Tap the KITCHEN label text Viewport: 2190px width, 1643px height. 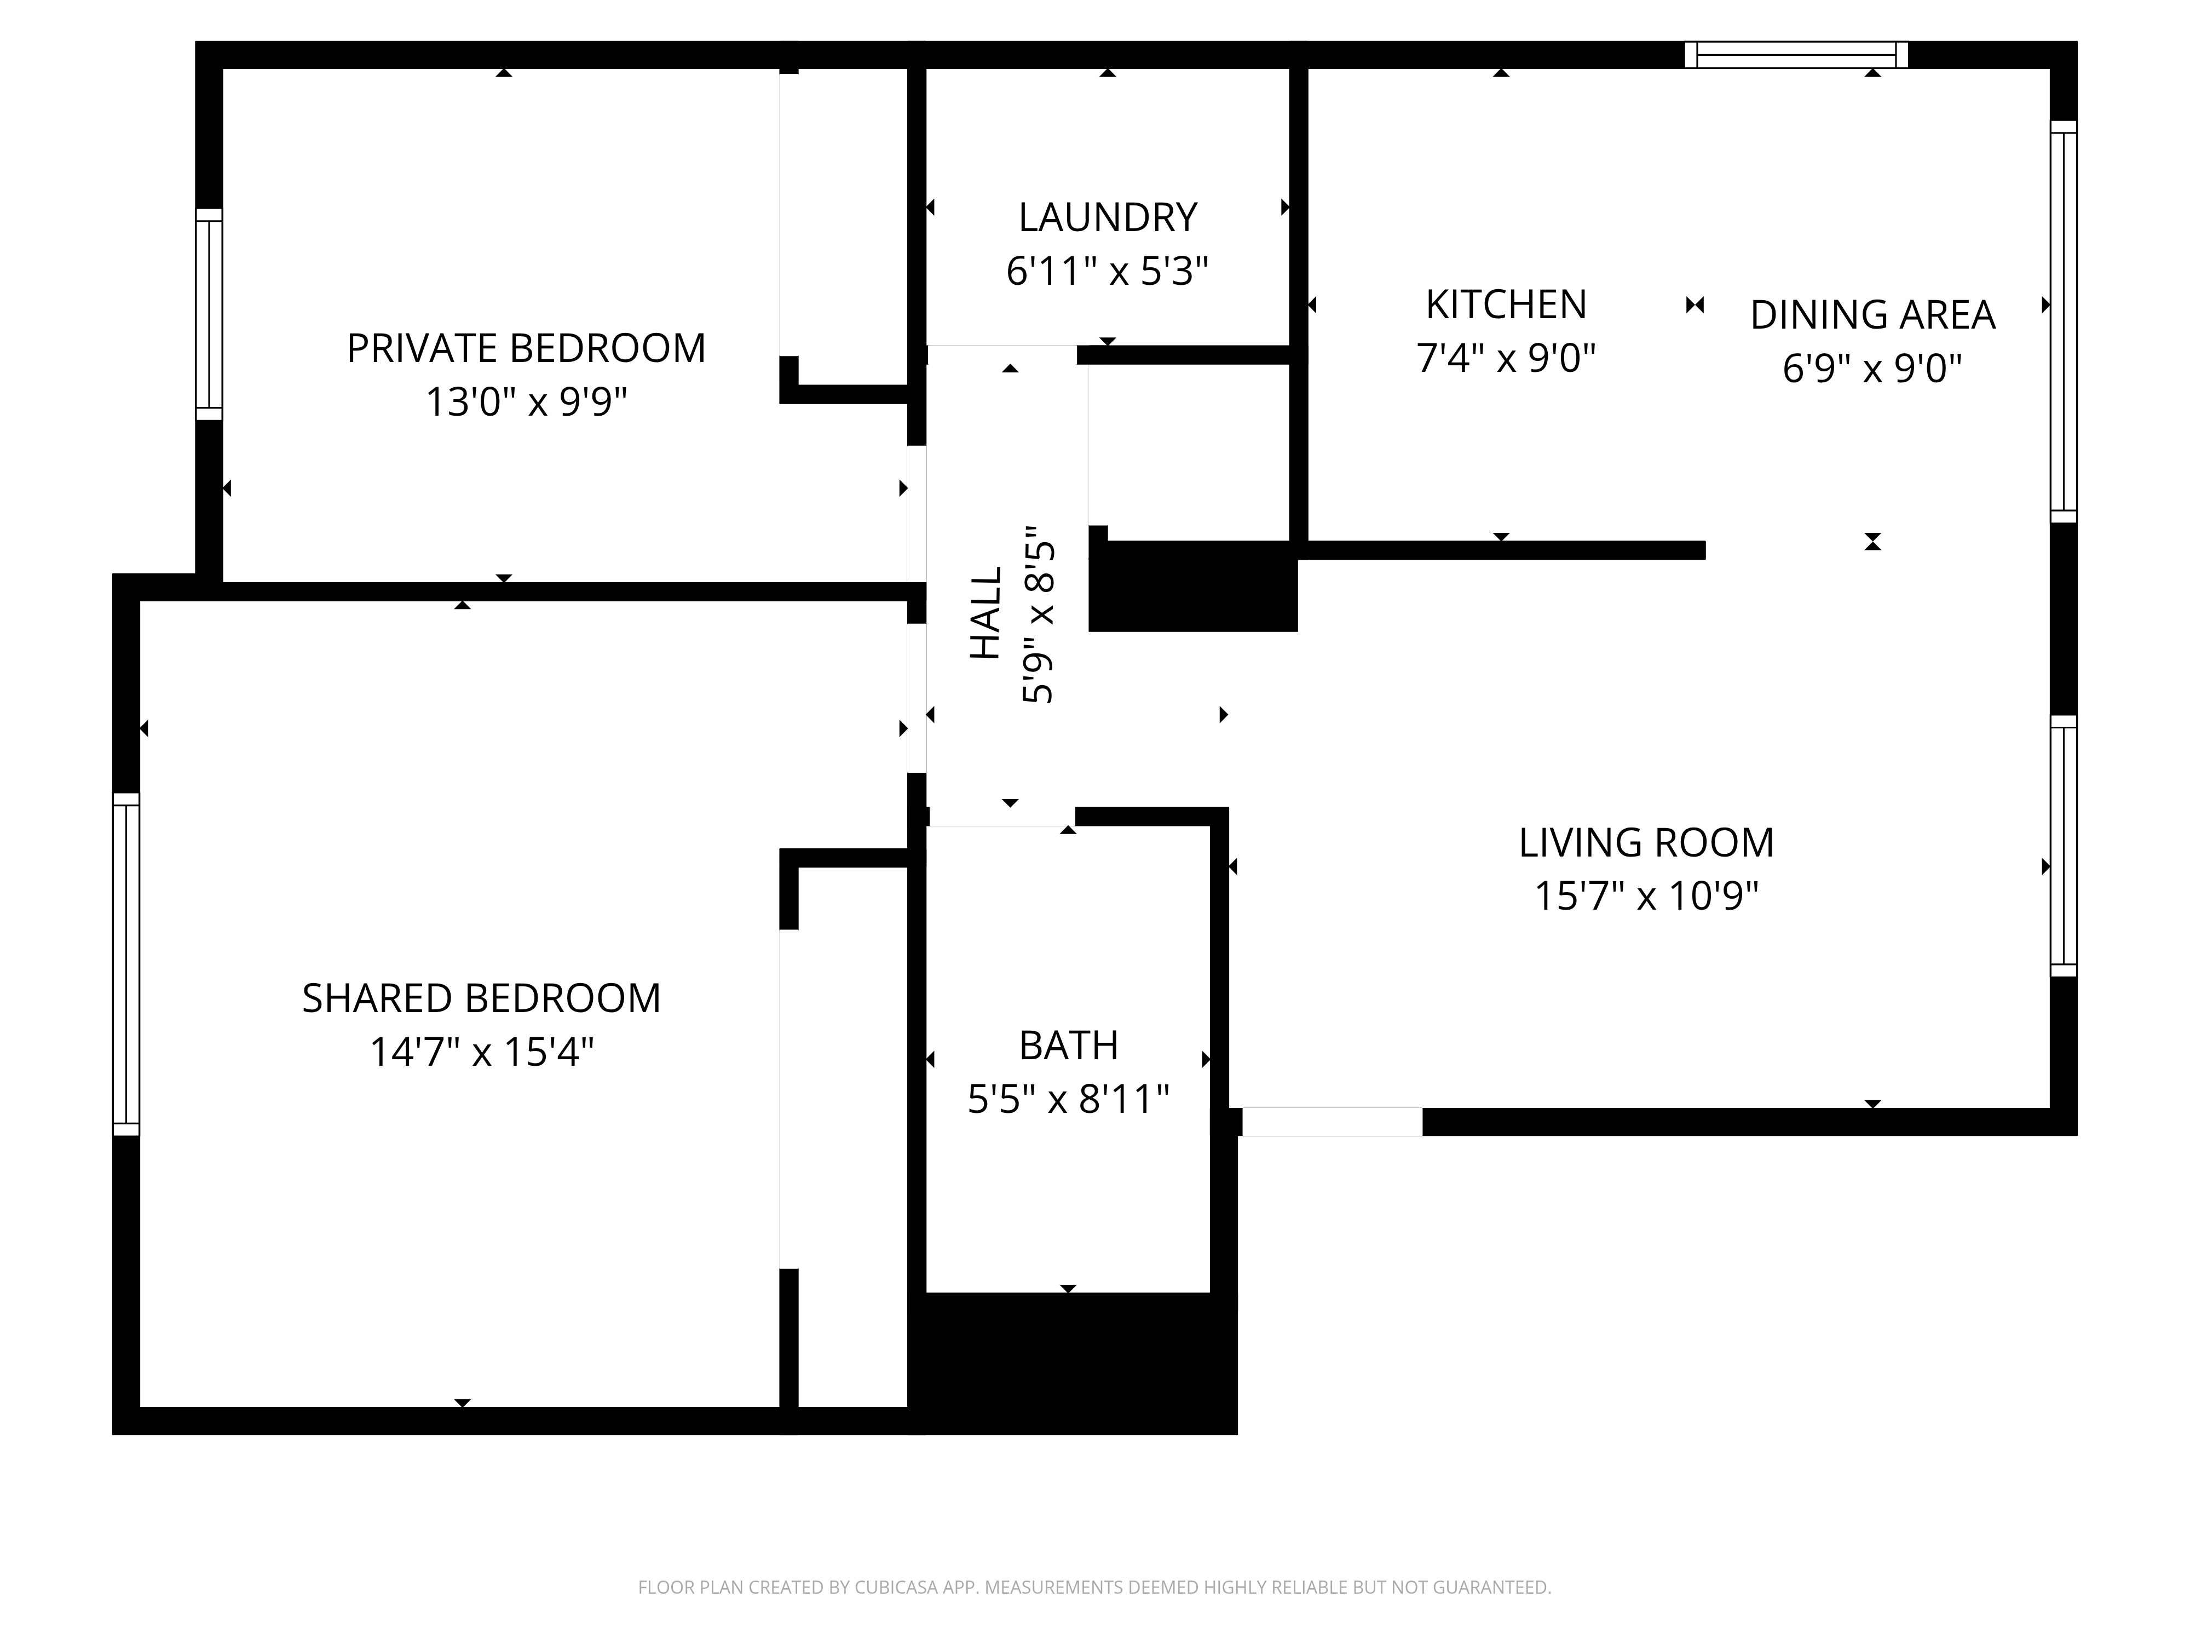[x=1506, y=304]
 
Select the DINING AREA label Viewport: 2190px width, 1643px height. [x=1872, y=315]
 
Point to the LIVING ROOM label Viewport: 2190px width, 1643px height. [x=1646, y=843]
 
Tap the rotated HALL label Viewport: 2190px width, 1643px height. [x=986, y=613]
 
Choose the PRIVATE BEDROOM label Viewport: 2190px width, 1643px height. [x=526, y=349]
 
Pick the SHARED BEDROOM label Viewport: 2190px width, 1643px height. [x=481, y=998]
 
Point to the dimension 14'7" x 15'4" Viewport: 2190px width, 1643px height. [x=481, y=1051]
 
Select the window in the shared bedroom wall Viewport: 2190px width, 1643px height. [x=126, y=963]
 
